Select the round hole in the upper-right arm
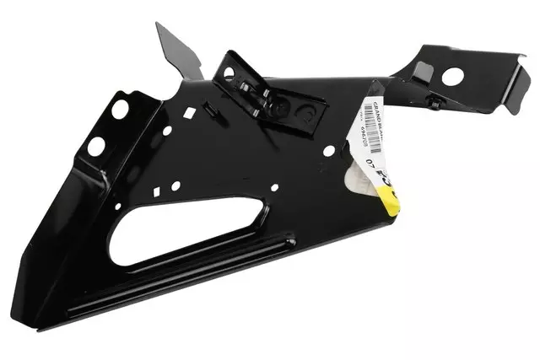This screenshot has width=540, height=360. point(452,76)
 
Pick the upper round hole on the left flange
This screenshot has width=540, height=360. point(120,109)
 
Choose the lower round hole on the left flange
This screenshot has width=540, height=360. point(95,146)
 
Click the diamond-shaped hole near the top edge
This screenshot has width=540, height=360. point(193,110)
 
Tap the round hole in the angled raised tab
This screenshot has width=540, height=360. point(228,73)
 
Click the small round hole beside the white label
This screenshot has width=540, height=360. point(328,149)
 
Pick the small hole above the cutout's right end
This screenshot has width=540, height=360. point(273,188)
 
